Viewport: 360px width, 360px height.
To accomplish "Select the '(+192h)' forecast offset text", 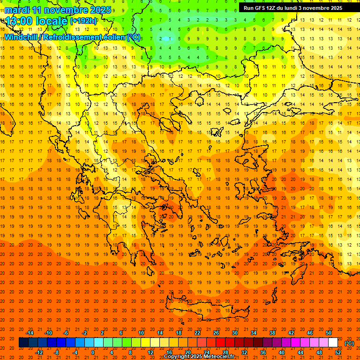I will click(x=83, y=21).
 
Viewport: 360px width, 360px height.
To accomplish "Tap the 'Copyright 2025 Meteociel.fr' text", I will click(x=199, y=357).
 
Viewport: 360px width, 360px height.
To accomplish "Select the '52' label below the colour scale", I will click(x=338, y=352).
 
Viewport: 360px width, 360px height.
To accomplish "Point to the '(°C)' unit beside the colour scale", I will click(x=349, y=343).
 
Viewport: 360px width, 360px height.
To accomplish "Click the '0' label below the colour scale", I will click(x=93, y=352).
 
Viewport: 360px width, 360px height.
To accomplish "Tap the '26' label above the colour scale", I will click(x=216, y=333).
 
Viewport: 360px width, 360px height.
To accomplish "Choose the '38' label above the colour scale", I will click(x=272, y=333).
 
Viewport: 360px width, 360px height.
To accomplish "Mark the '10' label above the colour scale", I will click(x=141, y=333).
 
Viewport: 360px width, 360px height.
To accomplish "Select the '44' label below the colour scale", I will click(x=300, y=352).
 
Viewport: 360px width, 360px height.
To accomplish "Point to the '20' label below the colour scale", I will click(x=188, y=352).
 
